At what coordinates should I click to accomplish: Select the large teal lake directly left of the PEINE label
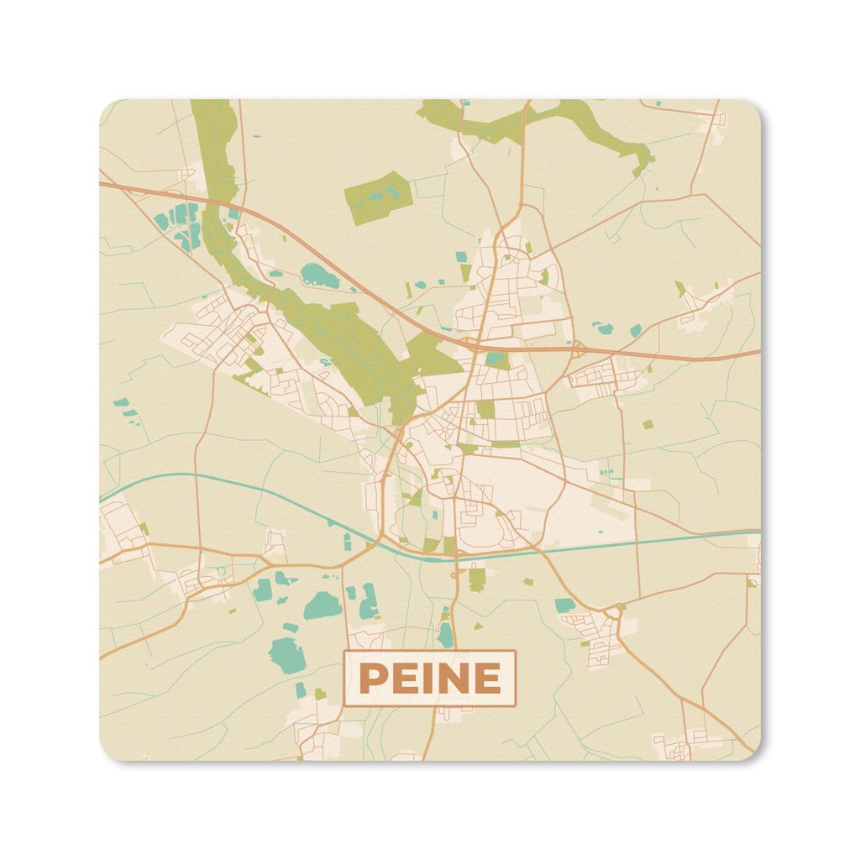click(x=286, y=652)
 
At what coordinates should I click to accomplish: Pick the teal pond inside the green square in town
click(x=496, y=360)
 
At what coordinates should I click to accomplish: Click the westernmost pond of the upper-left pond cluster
click(x=160, y=221)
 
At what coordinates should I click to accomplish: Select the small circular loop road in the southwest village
click(x=221, y=571)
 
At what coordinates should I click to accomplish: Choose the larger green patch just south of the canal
click(x=477, y=579)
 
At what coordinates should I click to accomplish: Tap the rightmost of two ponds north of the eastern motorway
click(x=635, y=329)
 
